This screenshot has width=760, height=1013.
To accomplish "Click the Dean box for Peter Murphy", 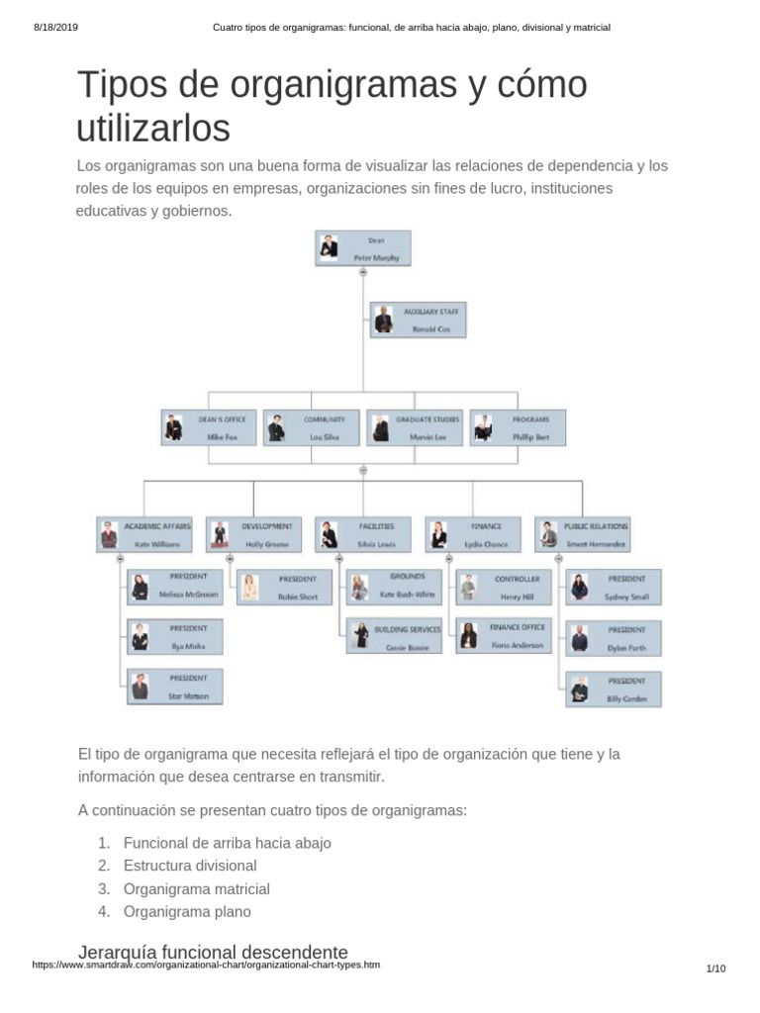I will [x=362, y=248].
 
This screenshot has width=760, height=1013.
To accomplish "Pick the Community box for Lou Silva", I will [x=312, y=427].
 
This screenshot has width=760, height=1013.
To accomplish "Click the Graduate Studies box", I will [x=415, y=427].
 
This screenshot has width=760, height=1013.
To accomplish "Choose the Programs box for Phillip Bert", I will [x=519, y=427].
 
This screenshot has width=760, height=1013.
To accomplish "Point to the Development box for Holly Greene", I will [x=254, y=535].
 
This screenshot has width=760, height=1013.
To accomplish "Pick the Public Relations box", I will [x=583, y=535].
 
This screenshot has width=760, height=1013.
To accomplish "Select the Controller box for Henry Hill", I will [x=504, y=588].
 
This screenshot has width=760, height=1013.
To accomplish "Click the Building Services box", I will [x=395, y=637].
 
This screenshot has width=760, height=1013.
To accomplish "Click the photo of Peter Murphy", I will [x=330, y=248].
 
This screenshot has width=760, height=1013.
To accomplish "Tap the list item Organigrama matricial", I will [x=196, y=888].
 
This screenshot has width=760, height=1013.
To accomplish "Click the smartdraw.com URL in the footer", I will [x=206, y=966].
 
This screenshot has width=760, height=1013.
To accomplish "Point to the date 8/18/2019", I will [x=55, y=27].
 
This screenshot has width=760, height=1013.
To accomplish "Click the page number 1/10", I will [x=715, y=968].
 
